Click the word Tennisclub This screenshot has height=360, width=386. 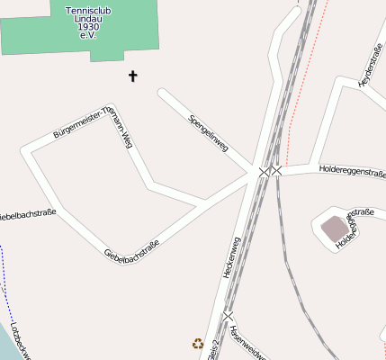[88, 12]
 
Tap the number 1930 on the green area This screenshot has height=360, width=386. [88, 27]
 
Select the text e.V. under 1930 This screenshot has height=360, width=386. [88, 35]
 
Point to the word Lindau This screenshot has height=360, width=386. [88, 19]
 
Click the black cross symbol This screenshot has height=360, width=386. [133, 76]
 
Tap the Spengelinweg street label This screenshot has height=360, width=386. [208, 132]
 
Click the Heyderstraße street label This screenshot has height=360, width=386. [371, 66]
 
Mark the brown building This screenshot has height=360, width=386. [335, 229]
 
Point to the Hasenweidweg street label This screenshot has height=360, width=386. [247, 342]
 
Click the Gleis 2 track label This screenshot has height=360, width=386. [212, 350]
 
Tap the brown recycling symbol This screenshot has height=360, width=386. [198, 342]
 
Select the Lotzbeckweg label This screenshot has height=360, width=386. [20, 342]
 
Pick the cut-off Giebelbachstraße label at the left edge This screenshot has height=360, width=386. [27, 215]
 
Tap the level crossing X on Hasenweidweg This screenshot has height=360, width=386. [229, 317]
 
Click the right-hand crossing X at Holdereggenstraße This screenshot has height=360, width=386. [277, 170]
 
